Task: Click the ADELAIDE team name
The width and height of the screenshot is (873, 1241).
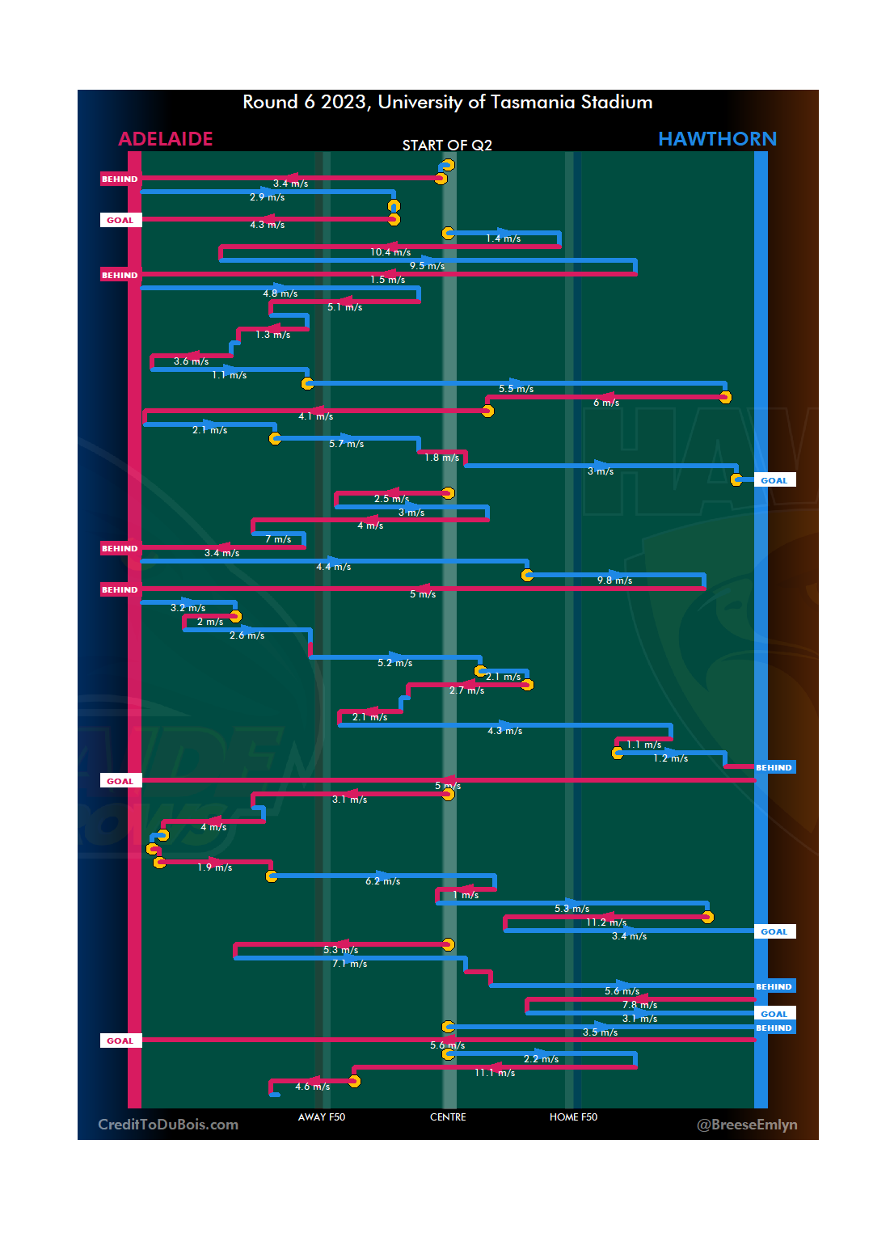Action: pyautogui.click(x=166, y=139)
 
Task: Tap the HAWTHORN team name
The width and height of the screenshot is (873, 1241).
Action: pyautogui.click(x=717, y=139)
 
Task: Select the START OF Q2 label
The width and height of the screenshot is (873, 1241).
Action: pyautogui.click(x=447, y=146)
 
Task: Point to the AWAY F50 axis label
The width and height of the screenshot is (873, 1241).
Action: pyautogui.click(x=321, y=1117)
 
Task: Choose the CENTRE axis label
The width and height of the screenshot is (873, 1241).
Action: pyautogui.click(x=448, y=1117)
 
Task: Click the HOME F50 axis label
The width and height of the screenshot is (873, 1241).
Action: pyautogui.click(x=573, y=1117)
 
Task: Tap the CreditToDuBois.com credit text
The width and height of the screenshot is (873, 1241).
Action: pyautogui.click(x=168, y=1125)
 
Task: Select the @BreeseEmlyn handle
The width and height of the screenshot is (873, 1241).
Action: pyautogui.click(x=747, y=1125)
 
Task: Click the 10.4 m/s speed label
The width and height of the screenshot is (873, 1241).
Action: pyautogui.click(x=390, y=252)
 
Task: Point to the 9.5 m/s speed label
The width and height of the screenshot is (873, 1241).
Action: pyautogui.click(x=427, y=266)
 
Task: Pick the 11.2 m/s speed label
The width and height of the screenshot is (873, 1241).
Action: pyautogui.click(x=606, y=922)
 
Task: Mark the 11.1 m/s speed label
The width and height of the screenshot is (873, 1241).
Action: pyautogui.click(x=495, y=1073)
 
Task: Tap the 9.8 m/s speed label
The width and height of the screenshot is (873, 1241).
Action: pyautogui.click(x=614, y=580)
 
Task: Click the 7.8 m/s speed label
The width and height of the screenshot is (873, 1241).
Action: pyautogui.click(x=639, y=1005)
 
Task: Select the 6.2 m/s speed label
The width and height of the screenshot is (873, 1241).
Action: pyautogui.click(x=382, y=881)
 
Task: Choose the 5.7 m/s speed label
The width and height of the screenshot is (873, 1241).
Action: pyautogui.click(x=346, y=444)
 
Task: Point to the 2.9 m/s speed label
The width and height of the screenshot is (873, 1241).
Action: pyautogui.click(x=267, y=197)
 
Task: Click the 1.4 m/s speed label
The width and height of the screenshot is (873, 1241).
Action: pyautogui.click(x=503, y=238)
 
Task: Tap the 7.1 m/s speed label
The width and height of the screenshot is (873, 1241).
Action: pyautogui.click(x=349, y=964)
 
